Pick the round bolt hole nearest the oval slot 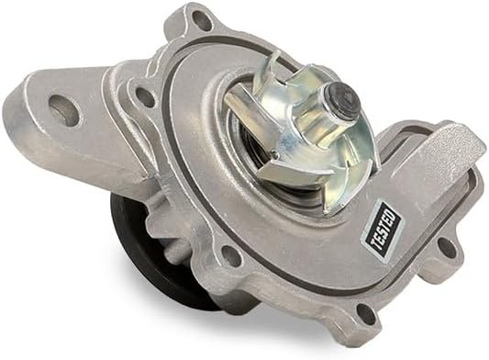[144, 94]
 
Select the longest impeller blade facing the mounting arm [248, 110]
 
